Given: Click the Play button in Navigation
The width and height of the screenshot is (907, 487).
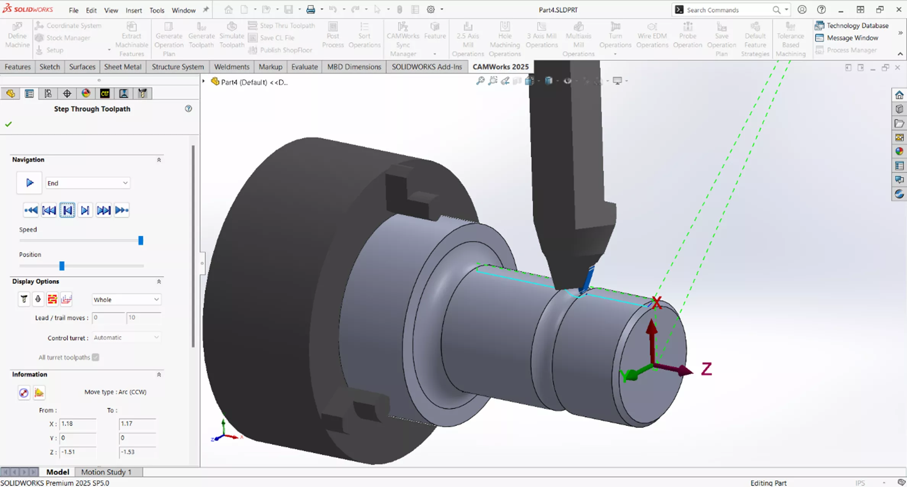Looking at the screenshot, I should point(29,183).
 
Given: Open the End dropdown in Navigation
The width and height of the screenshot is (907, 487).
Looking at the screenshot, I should point(87,183).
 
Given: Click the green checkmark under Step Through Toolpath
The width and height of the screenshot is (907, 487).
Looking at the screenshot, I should point(8,124).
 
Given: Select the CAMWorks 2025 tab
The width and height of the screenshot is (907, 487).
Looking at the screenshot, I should point(500,67).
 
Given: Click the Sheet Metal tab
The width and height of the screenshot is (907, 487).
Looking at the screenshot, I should point(123,67).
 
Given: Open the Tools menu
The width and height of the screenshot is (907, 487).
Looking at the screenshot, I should point(157,10).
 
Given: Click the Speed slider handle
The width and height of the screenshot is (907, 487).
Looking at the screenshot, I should point(140,240).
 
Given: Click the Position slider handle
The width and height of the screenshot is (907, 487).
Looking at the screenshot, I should point(62,266).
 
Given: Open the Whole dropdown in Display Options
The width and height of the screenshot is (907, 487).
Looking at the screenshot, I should point(126,300).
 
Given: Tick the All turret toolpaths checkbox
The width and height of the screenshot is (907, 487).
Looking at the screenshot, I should point(95,357).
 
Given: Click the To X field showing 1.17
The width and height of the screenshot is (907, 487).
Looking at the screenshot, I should point(137,424).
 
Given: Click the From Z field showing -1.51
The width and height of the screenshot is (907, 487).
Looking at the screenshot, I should point(77,452).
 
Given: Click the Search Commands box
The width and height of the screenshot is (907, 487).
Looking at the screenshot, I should point(727,10).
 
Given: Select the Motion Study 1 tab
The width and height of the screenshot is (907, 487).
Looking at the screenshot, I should point(106,472).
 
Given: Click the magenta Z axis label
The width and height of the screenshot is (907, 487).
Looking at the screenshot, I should point(707,369).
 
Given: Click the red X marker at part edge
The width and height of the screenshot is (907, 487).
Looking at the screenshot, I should point(657,302).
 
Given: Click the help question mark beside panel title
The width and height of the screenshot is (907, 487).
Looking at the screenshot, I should point(188,109).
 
